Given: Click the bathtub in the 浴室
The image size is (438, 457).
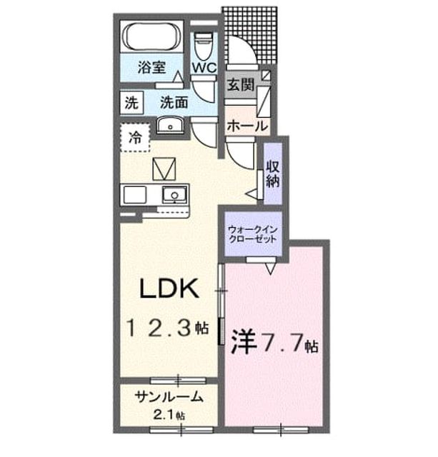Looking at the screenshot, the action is click(151, 36).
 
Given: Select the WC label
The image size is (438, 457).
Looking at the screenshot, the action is click(204, 68).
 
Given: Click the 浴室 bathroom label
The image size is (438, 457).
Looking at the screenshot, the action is click(151, 68).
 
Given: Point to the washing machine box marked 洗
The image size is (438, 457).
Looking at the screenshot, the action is click(131, 103).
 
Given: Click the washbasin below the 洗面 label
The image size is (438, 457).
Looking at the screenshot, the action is click(170, 125).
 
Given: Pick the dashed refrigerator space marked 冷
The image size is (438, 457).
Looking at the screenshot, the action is click(135, 137).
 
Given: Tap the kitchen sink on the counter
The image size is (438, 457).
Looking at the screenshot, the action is click(174, 195).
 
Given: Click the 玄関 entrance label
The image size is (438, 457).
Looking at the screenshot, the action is click(241, 85).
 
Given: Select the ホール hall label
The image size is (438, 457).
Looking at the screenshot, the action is click(247, 126).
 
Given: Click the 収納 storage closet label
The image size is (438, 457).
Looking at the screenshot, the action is click(273, 174).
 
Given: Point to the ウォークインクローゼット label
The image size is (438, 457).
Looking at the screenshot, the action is click(252, 234).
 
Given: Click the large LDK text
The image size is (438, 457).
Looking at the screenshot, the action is click(169, 288).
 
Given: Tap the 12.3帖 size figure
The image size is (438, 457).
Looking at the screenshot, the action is click(167, 328).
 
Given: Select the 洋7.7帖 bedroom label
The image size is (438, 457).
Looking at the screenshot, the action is click(274, 342).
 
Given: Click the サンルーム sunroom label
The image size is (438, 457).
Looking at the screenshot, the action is click(169, 397).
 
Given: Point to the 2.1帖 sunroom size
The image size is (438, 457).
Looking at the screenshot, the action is click(169, 415).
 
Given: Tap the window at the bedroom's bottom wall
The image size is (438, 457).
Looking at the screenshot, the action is click(281, 430).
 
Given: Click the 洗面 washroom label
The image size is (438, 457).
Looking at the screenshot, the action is click(174, 102).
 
